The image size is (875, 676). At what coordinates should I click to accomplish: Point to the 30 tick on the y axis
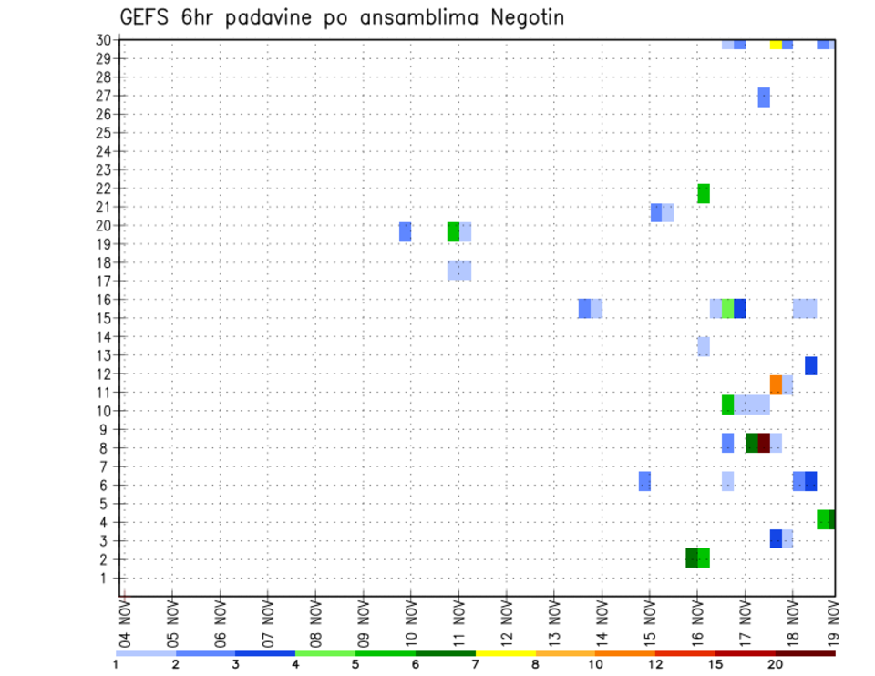[104, 40]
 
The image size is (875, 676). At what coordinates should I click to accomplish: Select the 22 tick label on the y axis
[104, 189]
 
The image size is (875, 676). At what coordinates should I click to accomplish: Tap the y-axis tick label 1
[108, 578]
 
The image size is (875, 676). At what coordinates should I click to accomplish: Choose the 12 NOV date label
[507, 621]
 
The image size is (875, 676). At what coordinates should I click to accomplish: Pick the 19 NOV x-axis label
[833, 621]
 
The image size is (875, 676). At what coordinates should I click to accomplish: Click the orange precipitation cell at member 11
[776, 384]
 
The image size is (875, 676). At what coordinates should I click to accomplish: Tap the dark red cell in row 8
[764, 443]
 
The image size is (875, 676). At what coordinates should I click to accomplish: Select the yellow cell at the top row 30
[776, 44]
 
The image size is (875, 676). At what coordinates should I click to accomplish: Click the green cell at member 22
[704, 193]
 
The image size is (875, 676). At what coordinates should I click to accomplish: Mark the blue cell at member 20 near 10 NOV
[405, 231]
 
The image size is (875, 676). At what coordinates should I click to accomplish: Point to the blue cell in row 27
[764, 97]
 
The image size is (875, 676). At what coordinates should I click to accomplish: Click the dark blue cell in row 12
[811, 365]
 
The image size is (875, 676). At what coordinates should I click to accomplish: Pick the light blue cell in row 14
[704, 346]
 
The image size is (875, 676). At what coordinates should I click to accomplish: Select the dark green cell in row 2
[692, 558]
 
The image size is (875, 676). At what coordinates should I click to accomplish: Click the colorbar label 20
[776, 665]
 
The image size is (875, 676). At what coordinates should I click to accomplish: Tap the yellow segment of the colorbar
[506, 653]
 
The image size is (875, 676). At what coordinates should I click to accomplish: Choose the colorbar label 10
[596, 665]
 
